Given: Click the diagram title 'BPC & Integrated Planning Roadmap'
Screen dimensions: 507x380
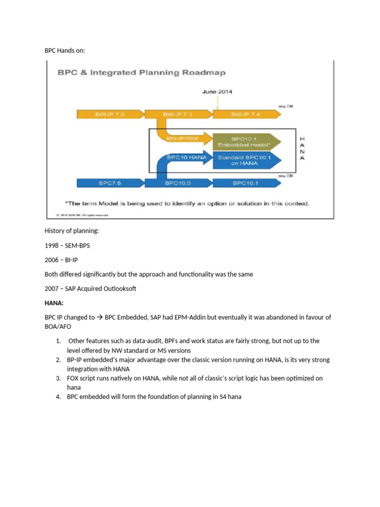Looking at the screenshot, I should click(x=142, y=73).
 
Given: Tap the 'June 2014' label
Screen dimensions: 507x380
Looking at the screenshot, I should click(x=217, y=92).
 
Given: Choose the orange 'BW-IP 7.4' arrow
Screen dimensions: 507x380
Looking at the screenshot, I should click(x=246, y=114).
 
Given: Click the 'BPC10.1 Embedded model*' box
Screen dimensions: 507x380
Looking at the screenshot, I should click(x=245, y=142).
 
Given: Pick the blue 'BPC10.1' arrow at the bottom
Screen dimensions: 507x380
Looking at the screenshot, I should click(x=246, y=183).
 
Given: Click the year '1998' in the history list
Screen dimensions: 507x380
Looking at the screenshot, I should click(x=52, y=246).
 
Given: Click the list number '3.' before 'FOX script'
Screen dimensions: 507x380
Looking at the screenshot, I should click(x=58, y=378).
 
